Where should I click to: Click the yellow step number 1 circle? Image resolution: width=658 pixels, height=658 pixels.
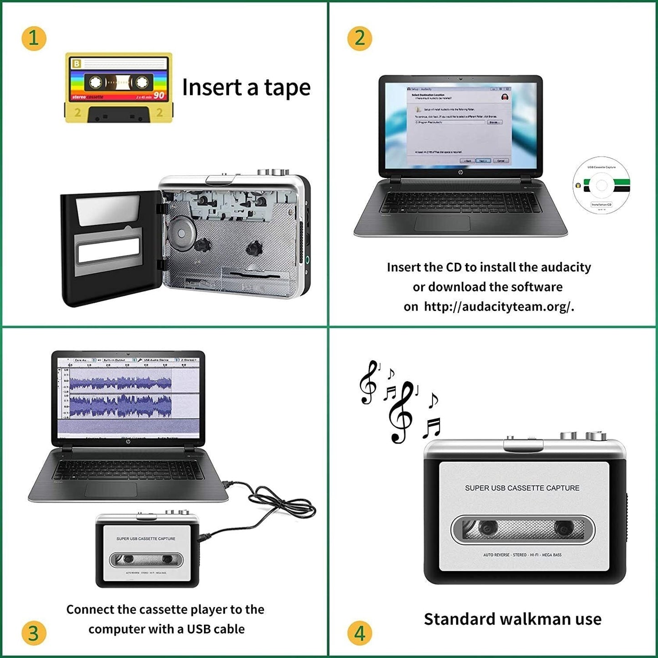tap(34, 38)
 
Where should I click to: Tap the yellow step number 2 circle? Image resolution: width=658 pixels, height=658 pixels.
tap(360, 38)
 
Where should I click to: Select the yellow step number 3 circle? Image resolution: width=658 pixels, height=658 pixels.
tap(34, 633)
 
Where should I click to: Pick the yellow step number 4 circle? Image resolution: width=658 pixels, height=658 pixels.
tap(360, 633)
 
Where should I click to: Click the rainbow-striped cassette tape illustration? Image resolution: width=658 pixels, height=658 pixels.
tap(118, 87)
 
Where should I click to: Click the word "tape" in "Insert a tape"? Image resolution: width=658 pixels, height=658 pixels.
tap(287, 87)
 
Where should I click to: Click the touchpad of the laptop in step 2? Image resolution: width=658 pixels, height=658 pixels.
tap(442, 224)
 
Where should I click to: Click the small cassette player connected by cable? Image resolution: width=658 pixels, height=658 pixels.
tap(147, 550)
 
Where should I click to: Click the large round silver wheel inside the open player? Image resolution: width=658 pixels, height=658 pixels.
tap(181, 234)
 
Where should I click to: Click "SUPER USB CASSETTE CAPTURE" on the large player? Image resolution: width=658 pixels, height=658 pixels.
tap(522, 488)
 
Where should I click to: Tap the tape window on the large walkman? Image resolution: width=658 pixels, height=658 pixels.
tap(523, 529)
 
